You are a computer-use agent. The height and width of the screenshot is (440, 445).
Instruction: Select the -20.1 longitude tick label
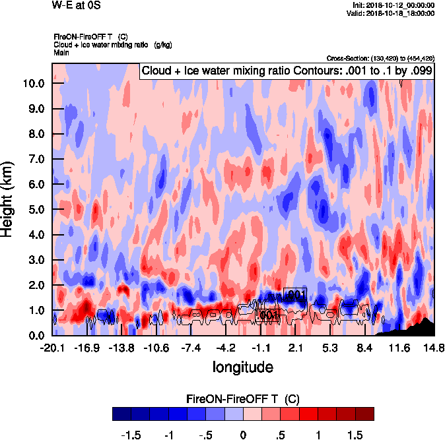tap(51, 348)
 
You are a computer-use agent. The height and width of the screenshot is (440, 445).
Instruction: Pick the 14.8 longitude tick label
tap(433, 348)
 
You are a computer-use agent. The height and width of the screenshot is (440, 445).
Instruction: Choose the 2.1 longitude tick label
tap(295, 348)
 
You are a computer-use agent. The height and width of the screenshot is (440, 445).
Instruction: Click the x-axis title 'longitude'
tap(242, 366)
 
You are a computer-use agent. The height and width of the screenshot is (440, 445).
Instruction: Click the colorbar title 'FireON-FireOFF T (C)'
tap(244, 399)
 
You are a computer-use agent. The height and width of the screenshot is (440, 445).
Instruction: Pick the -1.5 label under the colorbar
tap(132, 435)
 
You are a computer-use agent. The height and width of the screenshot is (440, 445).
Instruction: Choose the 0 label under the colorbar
tap(243, 435)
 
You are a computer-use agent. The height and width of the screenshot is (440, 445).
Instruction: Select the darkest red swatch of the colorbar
tap(364, 414)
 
